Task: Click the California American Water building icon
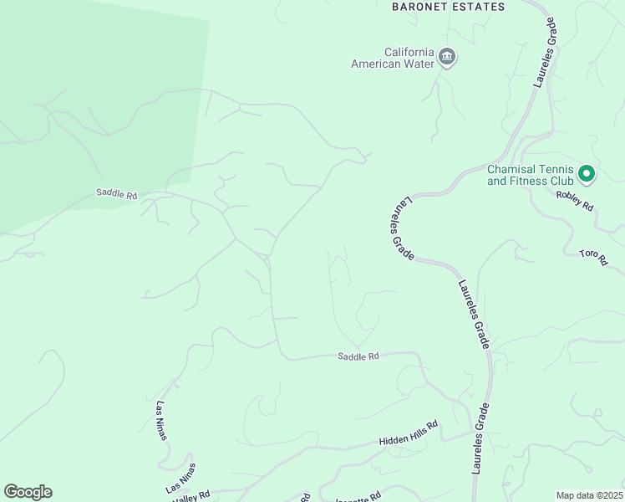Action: (447, 57)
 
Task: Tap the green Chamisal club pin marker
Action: (587, 174)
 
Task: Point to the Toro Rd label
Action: (592, 257)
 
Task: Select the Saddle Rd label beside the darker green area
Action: (116, 194)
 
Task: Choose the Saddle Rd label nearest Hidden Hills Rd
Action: (358, 356)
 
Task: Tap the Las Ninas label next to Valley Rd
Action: (180, 477)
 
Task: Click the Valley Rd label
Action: (191, 495)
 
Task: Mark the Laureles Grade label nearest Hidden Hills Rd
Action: (480, 439)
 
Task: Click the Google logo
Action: (28, 492)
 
